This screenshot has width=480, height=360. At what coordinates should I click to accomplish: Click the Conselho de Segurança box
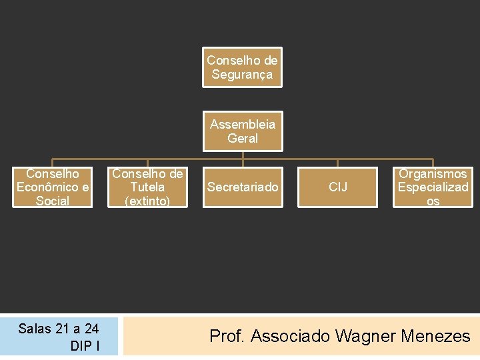click(242, 67)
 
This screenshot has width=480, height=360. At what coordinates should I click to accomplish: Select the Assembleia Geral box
click(242, 131)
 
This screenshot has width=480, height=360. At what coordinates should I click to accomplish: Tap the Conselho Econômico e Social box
click(52, 187)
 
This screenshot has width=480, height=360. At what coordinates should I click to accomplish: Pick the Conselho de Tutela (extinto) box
click(147, 187)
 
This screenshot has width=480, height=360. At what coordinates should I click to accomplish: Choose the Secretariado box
click(242, 187)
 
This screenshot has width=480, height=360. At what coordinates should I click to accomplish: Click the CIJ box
click(338, 187)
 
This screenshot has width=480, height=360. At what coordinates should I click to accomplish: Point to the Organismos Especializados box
click(433, 187)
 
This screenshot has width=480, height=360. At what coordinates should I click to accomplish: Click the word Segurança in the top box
click(242, 75)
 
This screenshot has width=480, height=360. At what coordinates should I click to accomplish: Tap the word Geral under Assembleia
click(243, 138)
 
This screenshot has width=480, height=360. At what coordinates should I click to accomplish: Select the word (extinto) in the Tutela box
click(147, 201)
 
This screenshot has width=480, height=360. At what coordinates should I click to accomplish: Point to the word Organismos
click(433, 174)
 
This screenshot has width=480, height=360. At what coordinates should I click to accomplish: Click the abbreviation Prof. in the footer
click(227, 337)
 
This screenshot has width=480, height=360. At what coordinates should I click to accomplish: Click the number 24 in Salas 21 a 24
click(91, 329)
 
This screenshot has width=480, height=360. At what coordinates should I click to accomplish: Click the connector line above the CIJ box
click(338, 162)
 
